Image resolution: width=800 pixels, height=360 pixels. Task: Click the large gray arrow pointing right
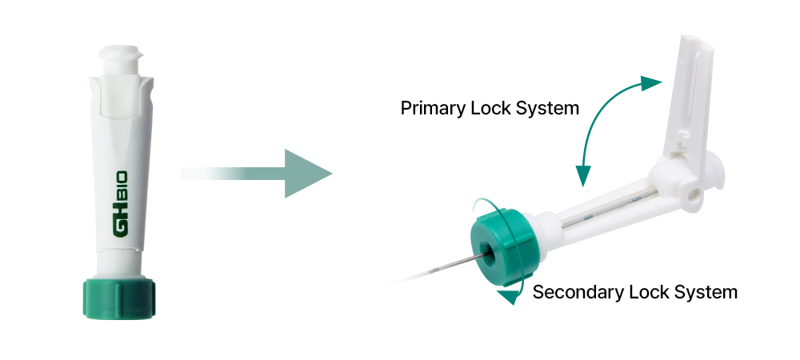point(264,173)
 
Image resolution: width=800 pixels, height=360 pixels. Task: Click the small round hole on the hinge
point(689,194)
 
